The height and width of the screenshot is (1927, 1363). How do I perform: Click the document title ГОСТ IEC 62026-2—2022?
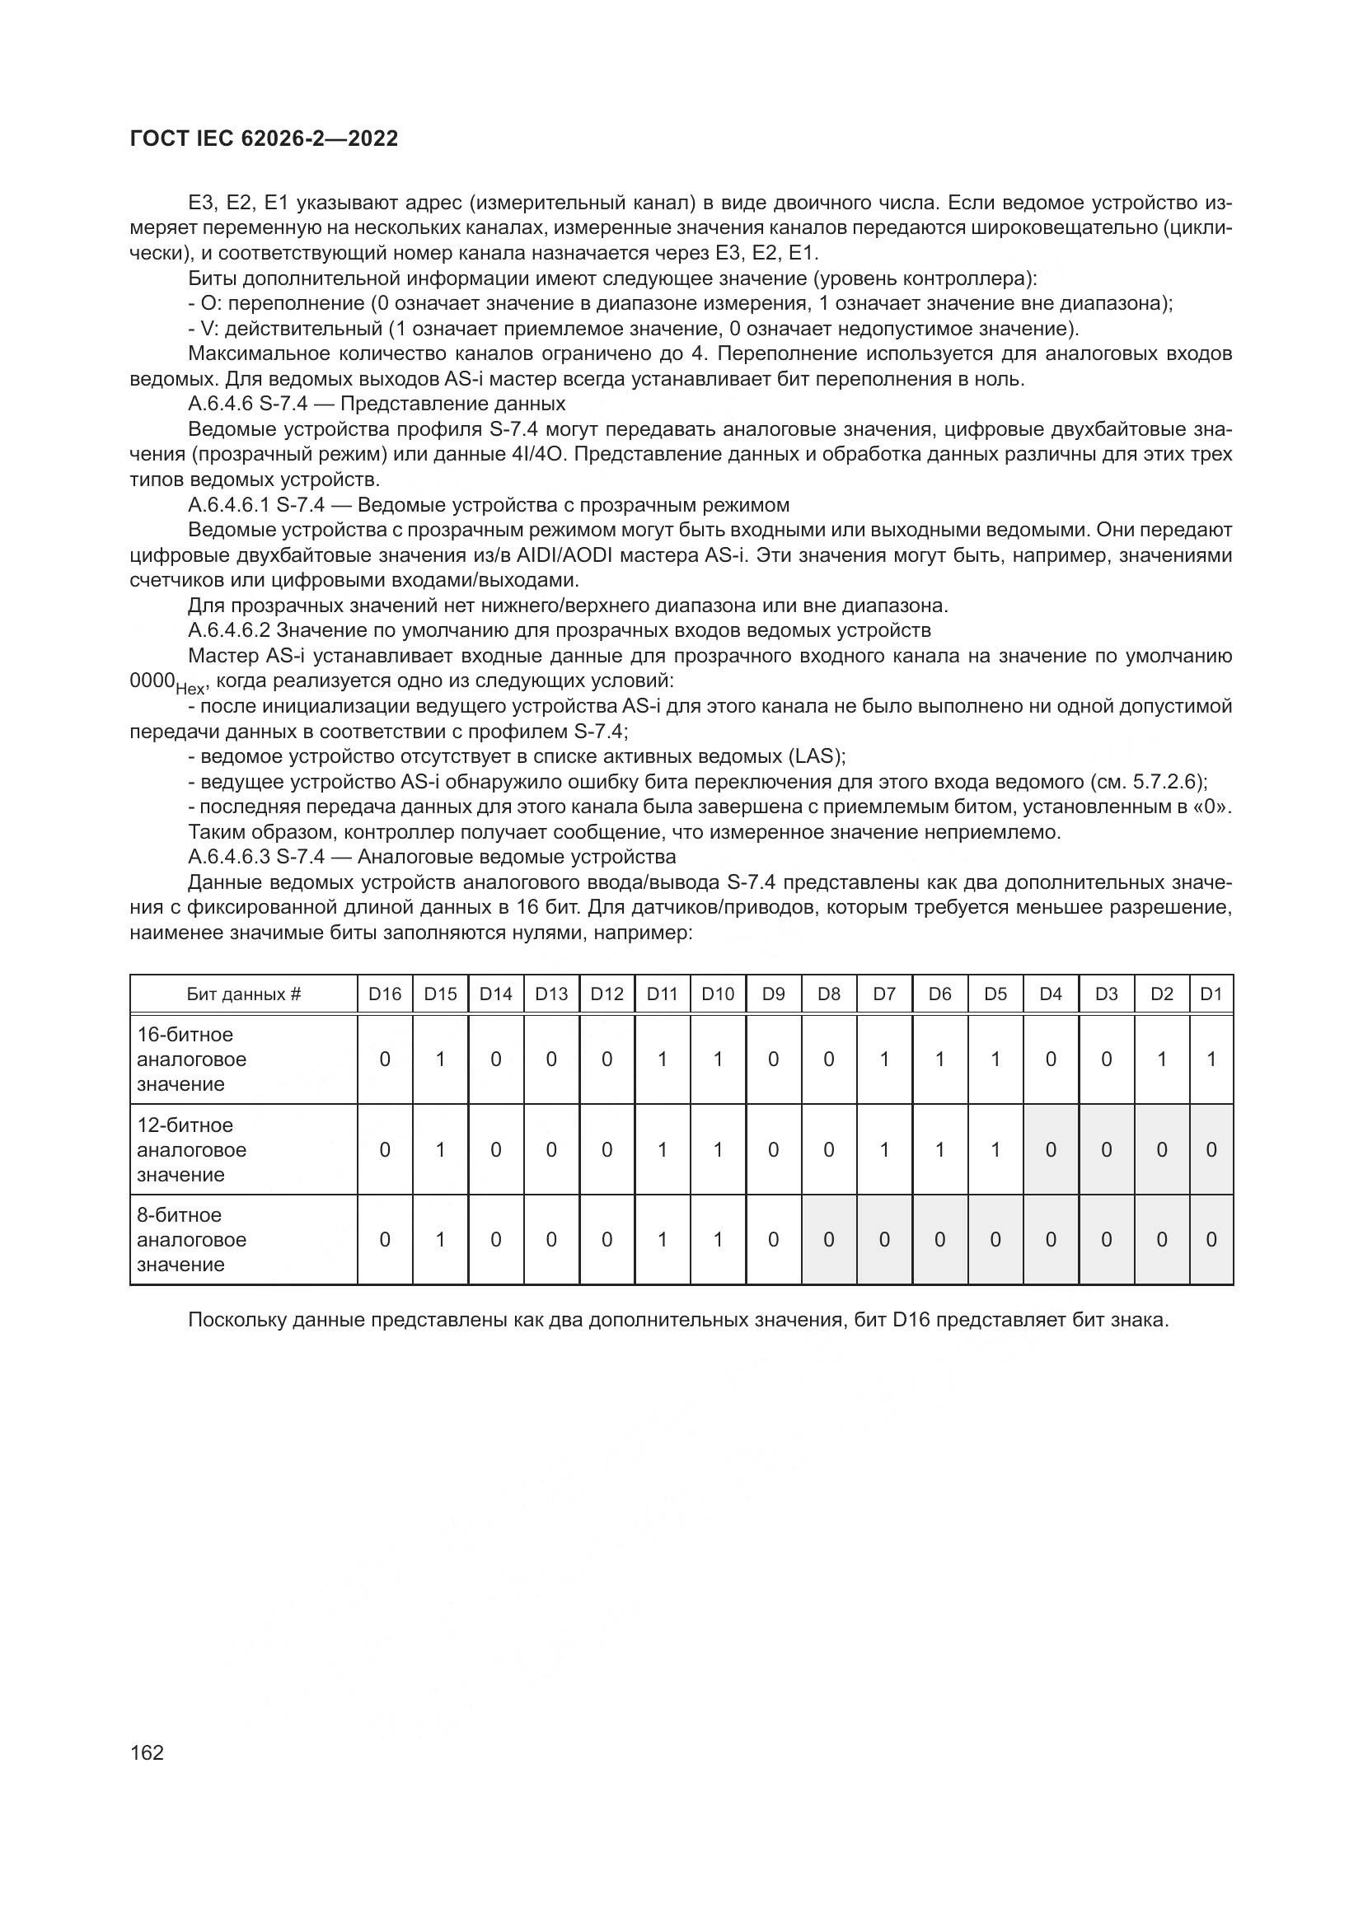[x=264, y=139]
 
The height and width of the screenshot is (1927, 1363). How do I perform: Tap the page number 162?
[x=147, y=1752]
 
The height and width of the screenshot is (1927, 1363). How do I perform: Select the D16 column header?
[x=384, y=994]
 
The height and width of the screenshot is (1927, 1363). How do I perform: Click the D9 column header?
[x=773, y=994]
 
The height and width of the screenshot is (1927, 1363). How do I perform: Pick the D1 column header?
[x=1211, y=994]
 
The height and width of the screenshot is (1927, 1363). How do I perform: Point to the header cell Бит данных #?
[x=243, y=994]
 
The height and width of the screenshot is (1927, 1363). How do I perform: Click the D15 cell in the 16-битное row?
[x=440, y=1059]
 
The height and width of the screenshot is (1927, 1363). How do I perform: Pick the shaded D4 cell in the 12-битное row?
[x=1050, y=1150]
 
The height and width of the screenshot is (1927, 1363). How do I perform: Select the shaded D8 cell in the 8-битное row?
[x=828, y=1240]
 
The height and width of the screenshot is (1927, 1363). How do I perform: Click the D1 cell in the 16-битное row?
[x=1211, y=1059]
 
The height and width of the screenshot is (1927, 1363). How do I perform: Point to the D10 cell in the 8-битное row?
[x=718, y=1240]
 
